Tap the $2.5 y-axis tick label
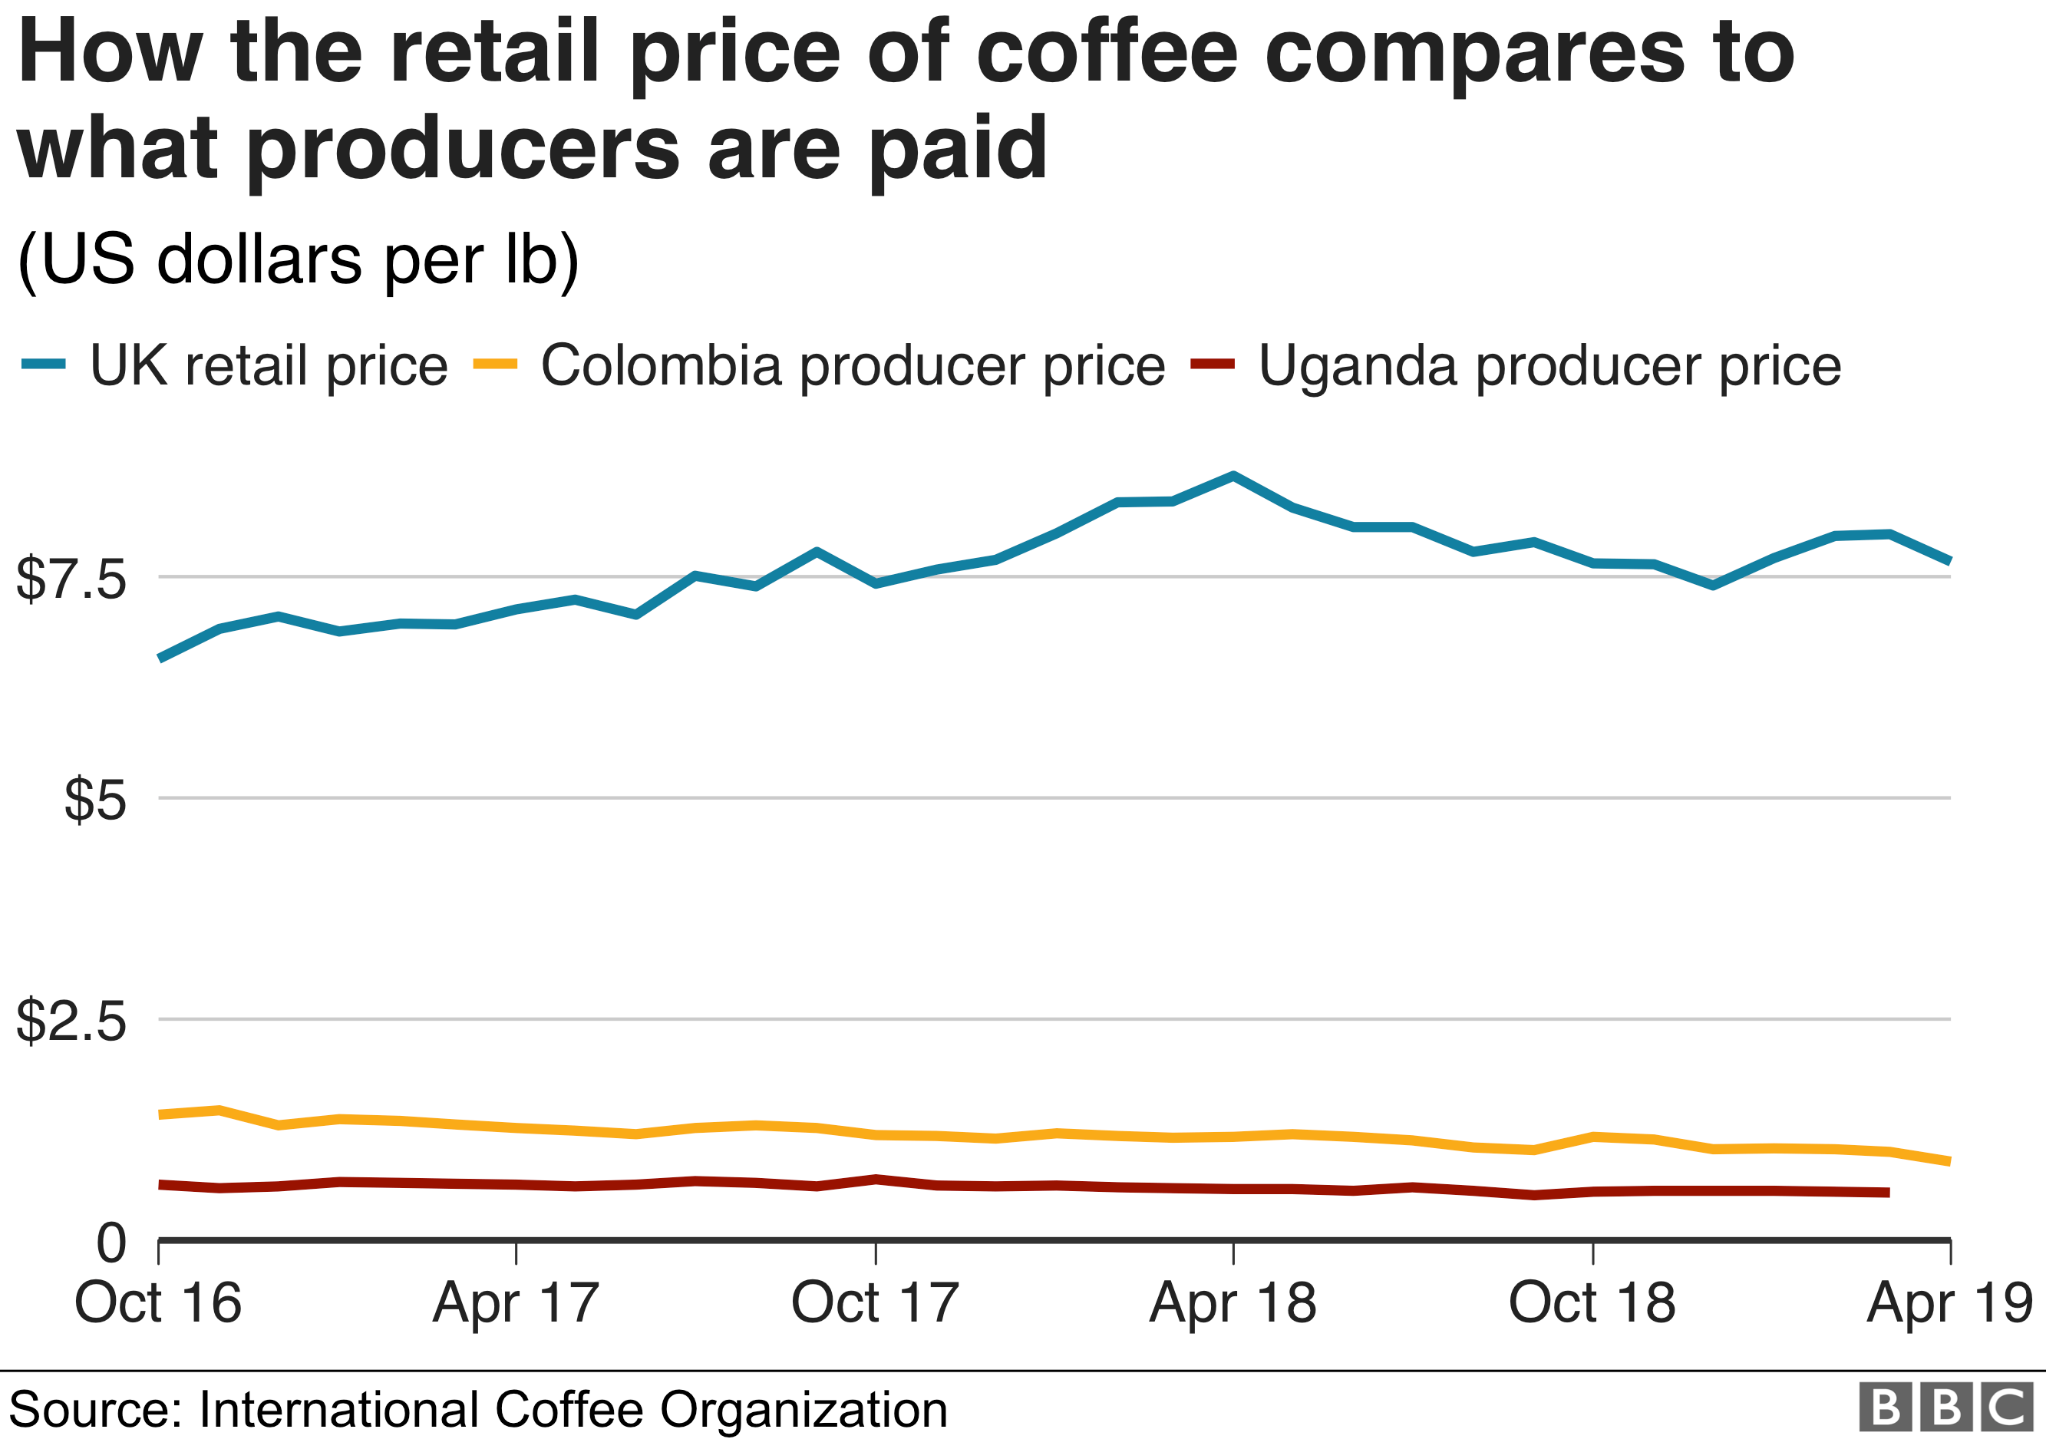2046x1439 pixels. click(x=71, y=1020)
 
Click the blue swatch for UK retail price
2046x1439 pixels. click(x=44, y=364)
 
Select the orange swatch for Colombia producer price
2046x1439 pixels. click(x=496, y=364)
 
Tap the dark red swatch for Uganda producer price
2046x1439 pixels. click(x=1213, y=364)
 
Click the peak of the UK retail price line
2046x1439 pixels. click(x=1233, y=476)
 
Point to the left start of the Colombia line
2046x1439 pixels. click(x=160, y=1114)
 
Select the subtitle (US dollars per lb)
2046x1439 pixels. click(x=299, y=259)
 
